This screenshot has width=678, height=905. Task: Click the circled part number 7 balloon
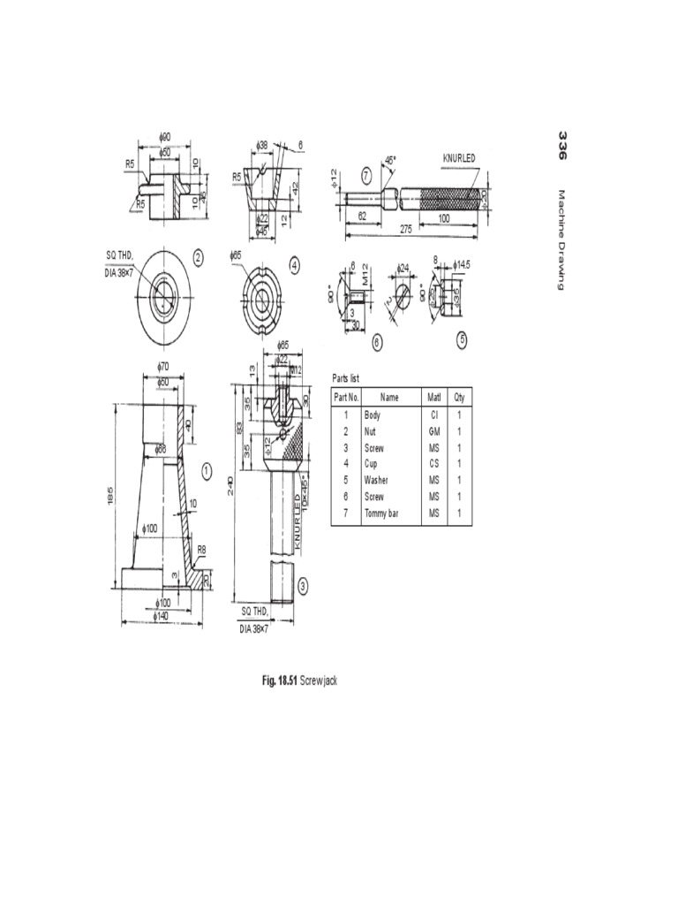365,174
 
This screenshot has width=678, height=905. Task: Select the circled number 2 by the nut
199,258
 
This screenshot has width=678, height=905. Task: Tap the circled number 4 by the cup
294,262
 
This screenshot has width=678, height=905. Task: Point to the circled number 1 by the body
206,470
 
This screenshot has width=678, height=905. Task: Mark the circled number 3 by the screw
303,585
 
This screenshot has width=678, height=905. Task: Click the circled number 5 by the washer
462,338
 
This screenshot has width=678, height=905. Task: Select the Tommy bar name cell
383,513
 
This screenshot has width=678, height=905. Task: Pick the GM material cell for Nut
433,430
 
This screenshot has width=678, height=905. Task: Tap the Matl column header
433,398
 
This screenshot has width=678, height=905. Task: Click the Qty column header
459,398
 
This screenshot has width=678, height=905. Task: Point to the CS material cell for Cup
433,463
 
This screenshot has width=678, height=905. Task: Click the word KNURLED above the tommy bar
459,157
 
